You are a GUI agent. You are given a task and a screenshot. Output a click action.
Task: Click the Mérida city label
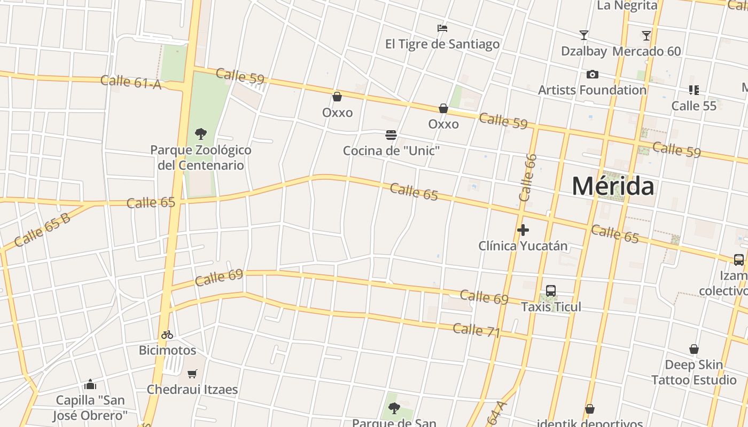pos(613,186)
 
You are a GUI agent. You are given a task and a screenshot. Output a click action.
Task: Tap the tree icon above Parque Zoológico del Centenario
pos(201,133)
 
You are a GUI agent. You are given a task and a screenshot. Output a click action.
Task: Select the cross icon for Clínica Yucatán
pos(523,230)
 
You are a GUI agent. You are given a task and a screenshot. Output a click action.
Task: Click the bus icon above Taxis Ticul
pos(551,291)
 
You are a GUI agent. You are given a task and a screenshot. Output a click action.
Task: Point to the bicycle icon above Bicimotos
pos(167,335)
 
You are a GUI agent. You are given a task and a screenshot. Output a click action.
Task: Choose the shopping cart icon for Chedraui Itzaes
pos(192,374)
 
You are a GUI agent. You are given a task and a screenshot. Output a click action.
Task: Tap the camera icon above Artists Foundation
pos(592,74)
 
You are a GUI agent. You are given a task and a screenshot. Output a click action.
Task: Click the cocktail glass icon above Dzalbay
pos(584,35)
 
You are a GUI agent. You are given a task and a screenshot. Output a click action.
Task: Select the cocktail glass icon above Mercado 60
pos(646,35)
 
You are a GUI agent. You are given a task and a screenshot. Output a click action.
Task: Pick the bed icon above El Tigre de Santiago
pos(442,28)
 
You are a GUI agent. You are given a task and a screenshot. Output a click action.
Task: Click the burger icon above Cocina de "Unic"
pos(391,135)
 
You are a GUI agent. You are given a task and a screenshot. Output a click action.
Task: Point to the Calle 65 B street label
pos(42,230)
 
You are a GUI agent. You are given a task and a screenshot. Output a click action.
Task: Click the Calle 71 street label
pos(476,330)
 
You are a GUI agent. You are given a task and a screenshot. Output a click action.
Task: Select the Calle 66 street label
pos(527,177)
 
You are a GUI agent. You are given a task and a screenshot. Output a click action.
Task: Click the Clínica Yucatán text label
pos(523,246)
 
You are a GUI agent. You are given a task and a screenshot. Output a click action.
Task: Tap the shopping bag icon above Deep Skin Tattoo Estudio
pos(694,349)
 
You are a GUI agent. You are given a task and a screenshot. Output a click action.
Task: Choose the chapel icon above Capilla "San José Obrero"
pos(90,384)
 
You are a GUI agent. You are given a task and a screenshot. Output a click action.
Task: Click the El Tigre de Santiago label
pos(442,44)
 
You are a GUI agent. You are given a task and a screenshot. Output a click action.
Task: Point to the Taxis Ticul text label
pos(551,307)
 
